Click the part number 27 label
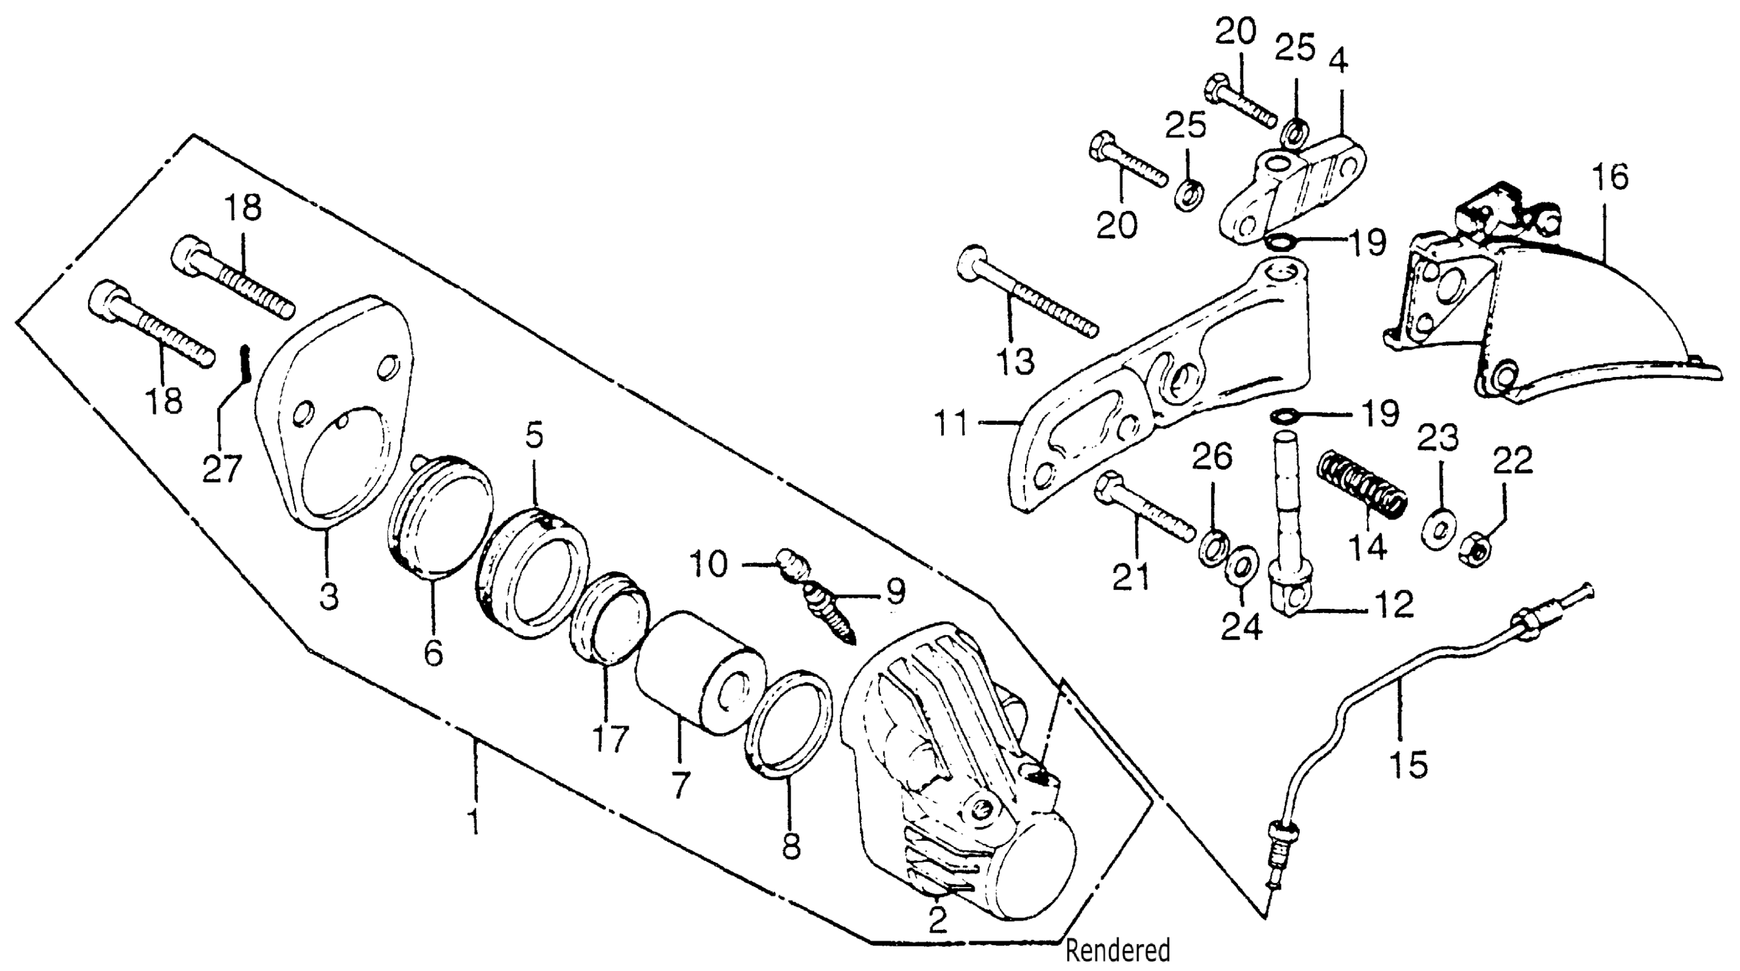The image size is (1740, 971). click(222, 468)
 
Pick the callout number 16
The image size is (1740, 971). click(1610, 177)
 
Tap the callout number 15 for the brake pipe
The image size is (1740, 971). click(1408, 764)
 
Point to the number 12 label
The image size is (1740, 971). click(1394, 604)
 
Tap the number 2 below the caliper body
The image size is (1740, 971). click(938, 920)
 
